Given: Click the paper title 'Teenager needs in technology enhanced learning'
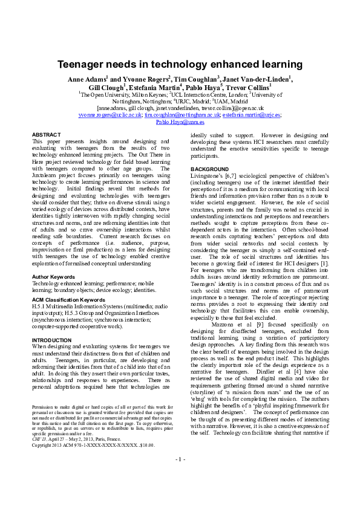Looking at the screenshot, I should [x=180, y=64].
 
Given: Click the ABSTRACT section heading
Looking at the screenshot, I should [x=46, y=134].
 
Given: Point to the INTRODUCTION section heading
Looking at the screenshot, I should [x=51, y=340].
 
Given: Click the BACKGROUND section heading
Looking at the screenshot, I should [x=210, y=169].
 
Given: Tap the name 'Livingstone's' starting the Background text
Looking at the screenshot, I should [x=208, y=175].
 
